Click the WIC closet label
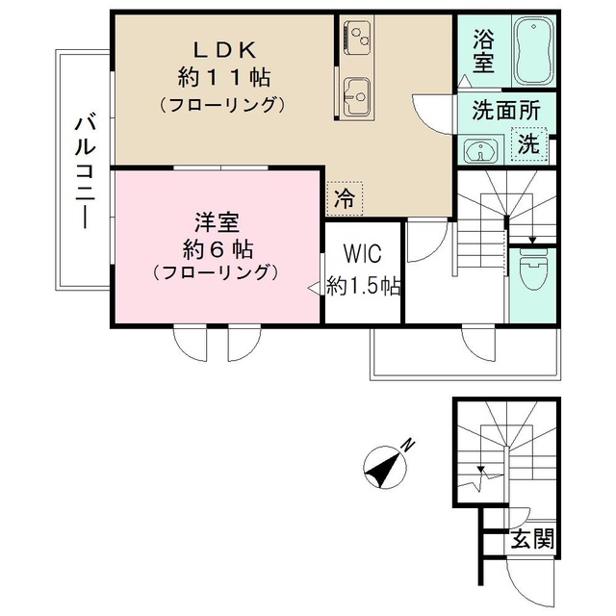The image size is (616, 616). tap(363, 255)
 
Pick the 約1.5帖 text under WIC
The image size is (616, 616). tap(363, 285)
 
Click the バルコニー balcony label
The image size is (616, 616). tap(84, 168)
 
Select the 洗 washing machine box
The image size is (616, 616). tap(528, 145)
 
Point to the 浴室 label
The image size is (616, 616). tap(483, 51)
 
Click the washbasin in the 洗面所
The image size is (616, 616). tap(479, 150)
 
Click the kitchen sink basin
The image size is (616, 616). tap(358, 94)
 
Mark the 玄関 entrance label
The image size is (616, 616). tap(532, 540)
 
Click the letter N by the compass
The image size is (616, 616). tap(408, 446)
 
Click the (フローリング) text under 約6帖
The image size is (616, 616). tap(217, 273)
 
